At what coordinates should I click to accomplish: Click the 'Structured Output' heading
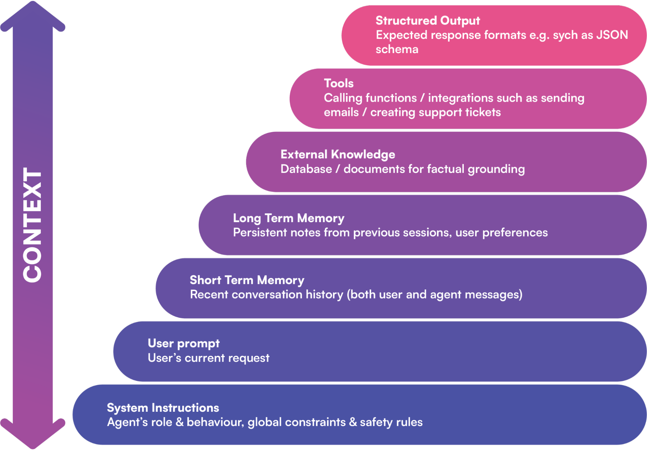tap(428, 21)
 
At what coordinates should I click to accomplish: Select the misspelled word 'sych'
tap(565, 35)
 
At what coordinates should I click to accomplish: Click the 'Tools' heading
tap(339, 84)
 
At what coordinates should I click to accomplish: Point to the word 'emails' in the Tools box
tap(341, 112)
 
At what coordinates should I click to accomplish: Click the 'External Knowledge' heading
tap(338, 154)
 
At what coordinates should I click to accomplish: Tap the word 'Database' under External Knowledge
tap(306, 169)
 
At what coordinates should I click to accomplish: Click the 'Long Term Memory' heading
tap(288, 218)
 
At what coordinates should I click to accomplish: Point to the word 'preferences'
tap(515, 233)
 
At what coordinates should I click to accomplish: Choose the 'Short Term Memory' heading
tap(247, 280)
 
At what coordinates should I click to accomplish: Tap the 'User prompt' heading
tap(184, 343)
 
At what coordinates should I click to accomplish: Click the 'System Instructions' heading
tap(163, 408)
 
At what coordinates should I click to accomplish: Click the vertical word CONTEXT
tap(32, 225)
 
